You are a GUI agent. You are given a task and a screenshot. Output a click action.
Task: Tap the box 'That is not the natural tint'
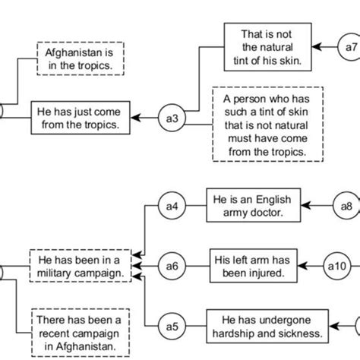pos(258,47)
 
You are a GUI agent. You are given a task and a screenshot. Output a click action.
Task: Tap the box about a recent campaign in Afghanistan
pos(75,331)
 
